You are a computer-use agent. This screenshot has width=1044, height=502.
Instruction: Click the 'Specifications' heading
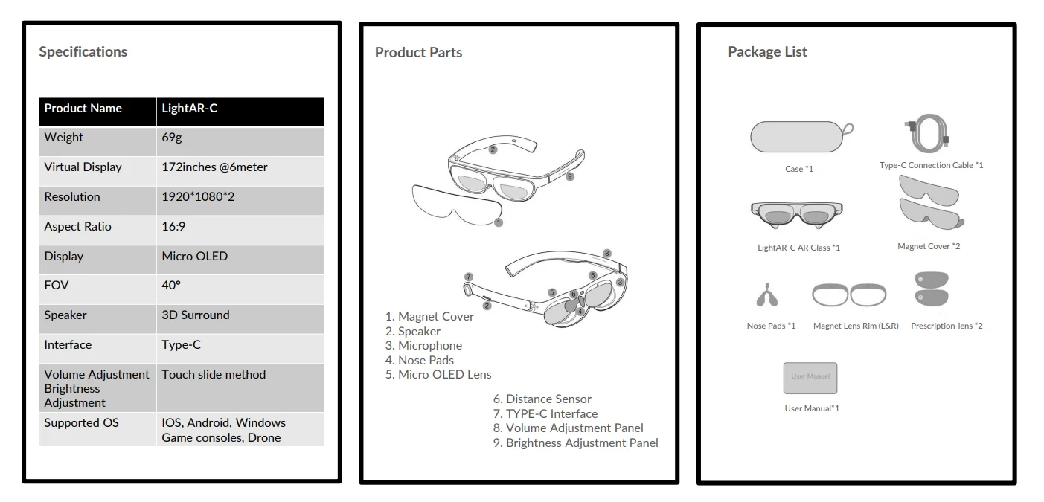point(83,52)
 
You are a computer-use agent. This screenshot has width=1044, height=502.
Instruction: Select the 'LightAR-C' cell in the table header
point(190,109)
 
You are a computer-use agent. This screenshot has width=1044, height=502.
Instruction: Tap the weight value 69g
point(172,138)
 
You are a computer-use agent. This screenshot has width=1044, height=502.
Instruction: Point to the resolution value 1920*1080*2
point(198,197)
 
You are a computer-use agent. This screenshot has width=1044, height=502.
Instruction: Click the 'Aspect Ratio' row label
point(77,227)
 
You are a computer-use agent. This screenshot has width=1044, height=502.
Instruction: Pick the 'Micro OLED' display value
point(195,257)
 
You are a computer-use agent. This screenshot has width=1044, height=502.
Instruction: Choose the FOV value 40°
point(171,286)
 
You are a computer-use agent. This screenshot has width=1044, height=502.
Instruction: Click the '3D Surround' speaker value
point(196,315)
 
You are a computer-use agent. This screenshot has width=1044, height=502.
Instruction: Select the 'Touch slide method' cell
point(214,375)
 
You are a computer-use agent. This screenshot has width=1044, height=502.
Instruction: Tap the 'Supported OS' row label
point(81,423)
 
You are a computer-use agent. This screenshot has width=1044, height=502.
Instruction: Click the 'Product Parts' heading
point(418,53)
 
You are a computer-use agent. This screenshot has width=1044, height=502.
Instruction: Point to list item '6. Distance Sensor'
point(542,399)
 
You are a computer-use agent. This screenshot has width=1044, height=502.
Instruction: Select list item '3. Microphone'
point(423,346)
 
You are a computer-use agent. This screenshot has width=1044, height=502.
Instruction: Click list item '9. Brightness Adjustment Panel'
point(575,443)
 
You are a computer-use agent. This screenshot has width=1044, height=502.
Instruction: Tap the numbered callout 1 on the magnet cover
point(499,222)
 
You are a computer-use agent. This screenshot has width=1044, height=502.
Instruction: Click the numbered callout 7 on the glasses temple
point(468,277)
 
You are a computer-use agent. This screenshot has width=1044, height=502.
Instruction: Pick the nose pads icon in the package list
point(768,296)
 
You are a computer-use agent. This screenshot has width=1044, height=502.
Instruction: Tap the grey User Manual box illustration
point(810,378)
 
